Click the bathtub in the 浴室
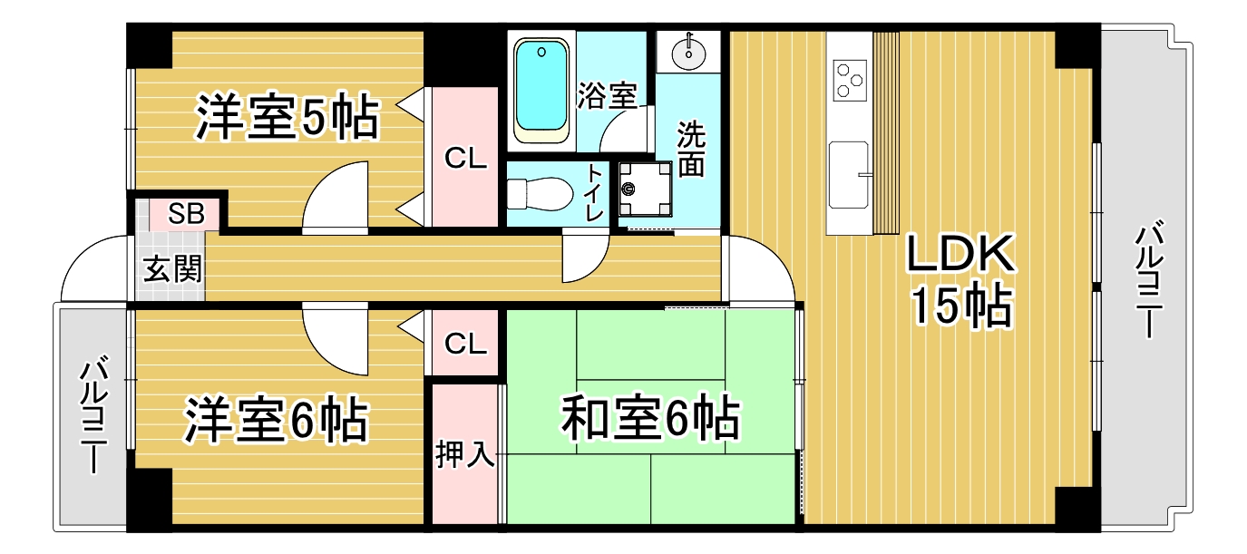click(541, 92)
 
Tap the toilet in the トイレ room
click(540, 194)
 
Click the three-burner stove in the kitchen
click(850, 81)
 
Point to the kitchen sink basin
click(848, 174)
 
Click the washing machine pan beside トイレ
click(645, 189)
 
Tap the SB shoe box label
click(187, 214)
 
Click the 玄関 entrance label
click(171, 269)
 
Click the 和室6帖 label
click(650, 418)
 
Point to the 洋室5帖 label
click(287, 118)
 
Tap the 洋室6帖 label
click(277, 419)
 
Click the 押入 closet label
click(465, 453)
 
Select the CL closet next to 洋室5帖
click(465, 158)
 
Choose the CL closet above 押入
click(465, 344)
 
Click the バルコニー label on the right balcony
click(1149, 279)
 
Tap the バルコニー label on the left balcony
click(93, 415)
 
